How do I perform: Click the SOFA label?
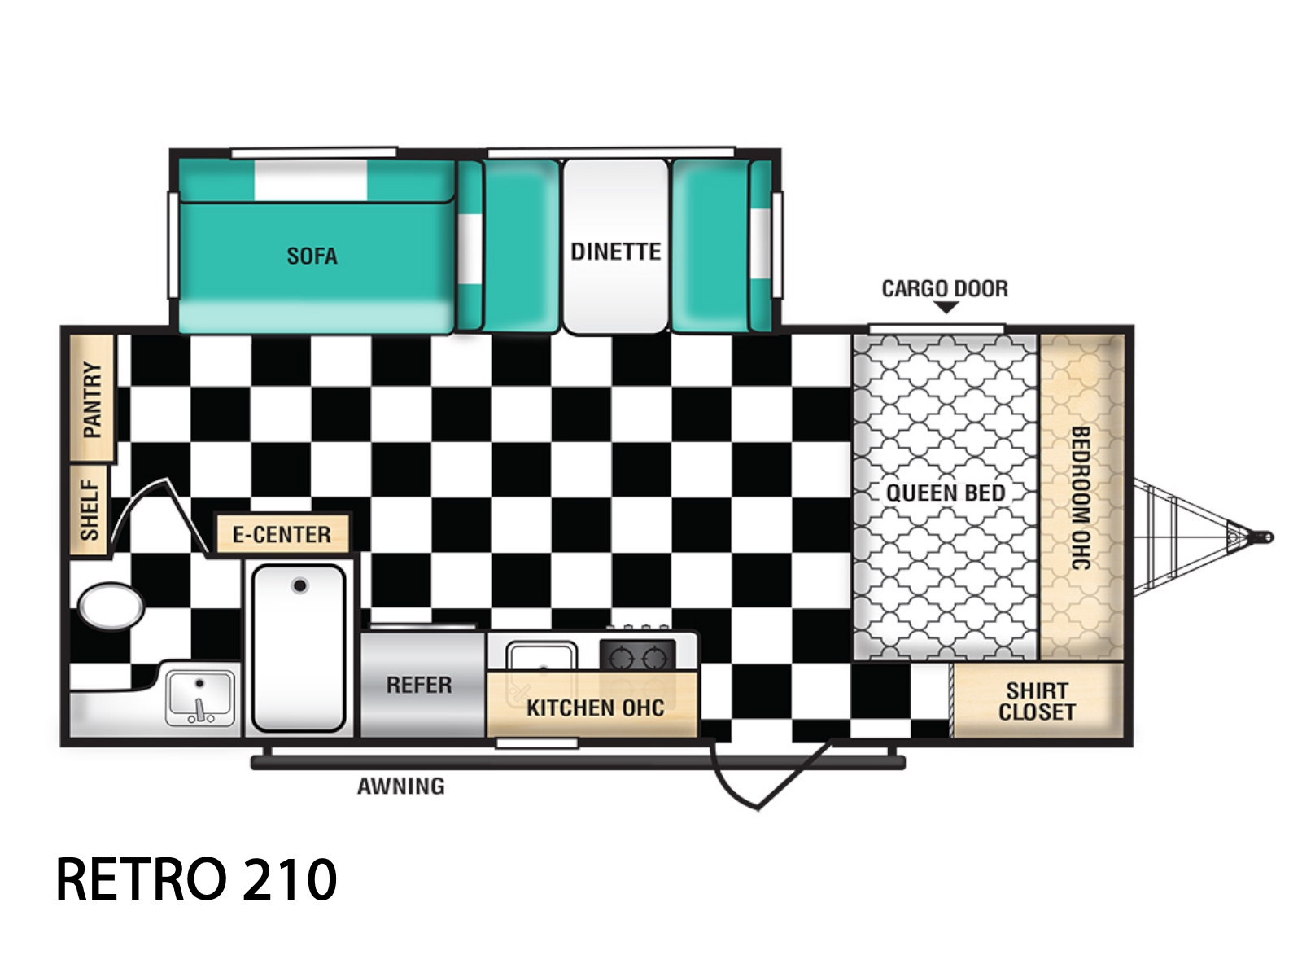pyautogui.click(x=312, y=256)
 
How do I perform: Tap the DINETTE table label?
pyautogui.click(x=616, y=252)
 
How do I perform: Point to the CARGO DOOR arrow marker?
pyautogui.click(x=946, y=307)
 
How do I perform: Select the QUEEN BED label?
pyautogui.click(x=946, y=493)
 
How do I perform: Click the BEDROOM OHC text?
pyautogui.click(x=1081, y=497)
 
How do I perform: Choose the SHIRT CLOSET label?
pyautogui.click(x=1037, y=701)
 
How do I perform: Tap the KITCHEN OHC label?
pyautogui.click(x=596, y=708)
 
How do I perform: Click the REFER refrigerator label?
pyautogui.click(x=419, y=686)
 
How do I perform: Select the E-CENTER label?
pyautogui.click(x=282, y=534)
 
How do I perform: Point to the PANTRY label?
pyautogui.click(x=93, y=399)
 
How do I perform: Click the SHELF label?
pyautogui.click(x=90, y=510)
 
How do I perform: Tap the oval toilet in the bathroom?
pyautogui.click(x=111, y=606)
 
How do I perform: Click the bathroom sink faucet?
pyautogui.click(x=200, y=708)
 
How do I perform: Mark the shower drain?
pyautogui.click(x=300, y=586)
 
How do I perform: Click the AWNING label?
pyautogui.click(x=401, y=786)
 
